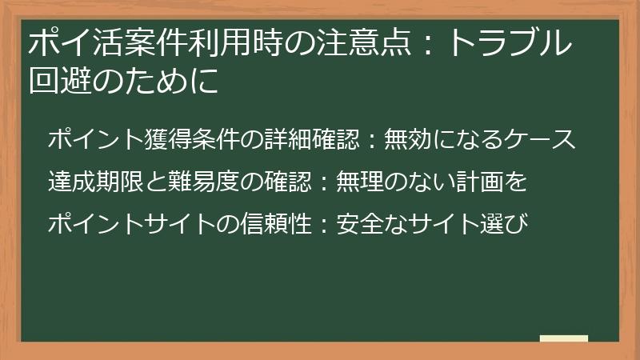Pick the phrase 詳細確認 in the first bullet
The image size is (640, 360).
click(x=313, y=139)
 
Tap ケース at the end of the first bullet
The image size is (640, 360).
click(x=543, y=139)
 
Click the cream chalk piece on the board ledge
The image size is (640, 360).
click(x=565, y=338)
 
